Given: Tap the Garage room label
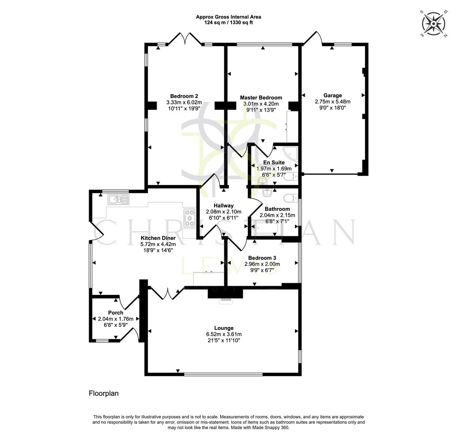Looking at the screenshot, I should coord(332,95).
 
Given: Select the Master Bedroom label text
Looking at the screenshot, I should coord(261,98).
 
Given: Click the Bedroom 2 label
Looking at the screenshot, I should coord(184,96).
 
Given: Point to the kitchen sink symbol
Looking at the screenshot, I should coord(118,199).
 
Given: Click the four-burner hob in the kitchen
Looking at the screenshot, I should coord(189,218).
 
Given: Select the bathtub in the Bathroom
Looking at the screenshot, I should coord(268,229).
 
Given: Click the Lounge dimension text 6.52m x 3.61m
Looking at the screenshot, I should coord(224,334).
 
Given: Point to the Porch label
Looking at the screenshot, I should coord(115,313).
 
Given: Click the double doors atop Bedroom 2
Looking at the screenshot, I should coord(185,39).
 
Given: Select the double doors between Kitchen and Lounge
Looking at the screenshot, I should coord(165,293).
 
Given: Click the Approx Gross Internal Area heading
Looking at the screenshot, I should coord(228,17).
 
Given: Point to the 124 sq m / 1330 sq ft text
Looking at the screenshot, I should coord(228,23).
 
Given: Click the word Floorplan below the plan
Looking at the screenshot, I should coord(104,393).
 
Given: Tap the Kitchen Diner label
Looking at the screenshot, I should coord(158,238).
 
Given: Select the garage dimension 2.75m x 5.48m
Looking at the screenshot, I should coord(332,102).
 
